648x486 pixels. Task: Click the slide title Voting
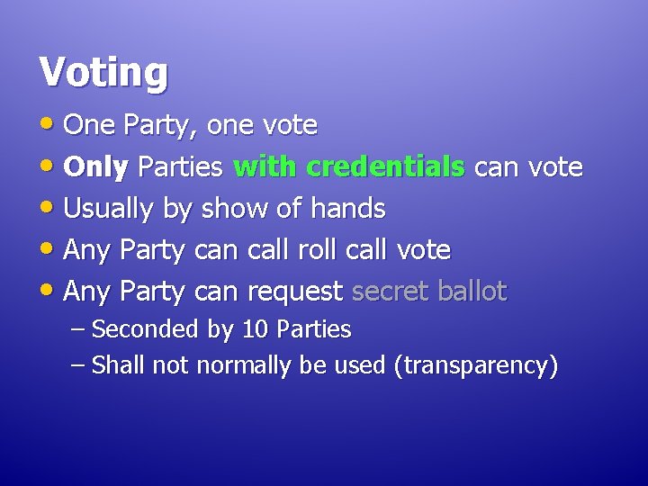[103, 72]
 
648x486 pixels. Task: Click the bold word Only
[98, 167]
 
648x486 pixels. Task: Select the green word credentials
[385, 167]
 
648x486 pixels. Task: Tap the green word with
[265, 167]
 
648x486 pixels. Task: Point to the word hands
[347, 209]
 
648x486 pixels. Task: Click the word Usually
[110, 209]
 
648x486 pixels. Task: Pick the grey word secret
[390, 292]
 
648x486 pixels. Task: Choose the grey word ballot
[472, 292]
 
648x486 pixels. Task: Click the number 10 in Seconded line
[256, 329]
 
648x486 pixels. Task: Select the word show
[229, 209]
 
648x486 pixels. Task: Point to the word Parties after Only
[183, 167]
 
